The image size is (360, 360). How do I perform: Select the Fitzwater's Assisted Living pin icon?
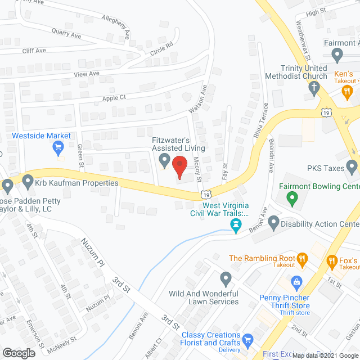(x=164, y=160)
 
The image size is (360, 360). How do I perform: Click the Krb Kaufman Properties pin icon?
(x=28, y=182)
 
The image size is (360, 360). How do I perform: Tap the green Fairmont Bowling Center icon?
(x=291, y=197)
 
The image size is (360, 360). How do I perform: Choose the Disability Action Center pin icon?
(x=274, y=223)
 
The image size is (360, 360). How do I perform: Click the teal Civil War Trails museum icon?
(x=236, y=226)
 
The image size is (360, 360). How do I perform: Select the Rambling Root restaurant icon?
(x=303, y=259)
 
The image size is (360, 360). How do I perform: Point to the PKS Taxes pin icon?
(x=352, y=166)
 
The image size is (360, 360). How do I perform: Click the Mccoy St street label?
(x=197, y=168)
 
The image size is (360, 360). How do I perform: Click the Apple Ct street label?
(x=114, y=98)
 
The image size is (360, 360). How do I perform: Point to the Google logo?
(x=18, y=353)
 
